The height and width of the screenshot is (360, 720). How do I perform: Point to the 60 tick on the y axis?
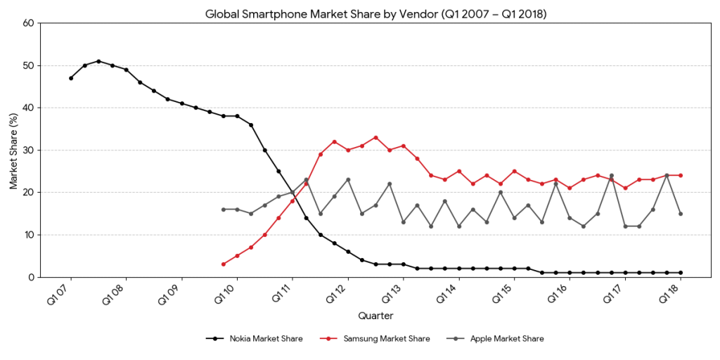(x=29, y=23)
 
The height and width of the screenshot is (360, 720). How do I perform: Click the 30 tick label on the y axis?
(x=29, y=150)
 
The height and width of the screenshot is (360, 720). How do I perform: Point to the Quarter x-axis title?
(x=375, y=316)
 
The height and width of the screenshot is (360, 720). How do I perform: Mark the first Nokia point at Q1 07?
(x=71, y=78)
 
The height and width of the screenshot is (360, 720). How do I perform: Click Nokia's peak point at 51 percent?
(x=98, y=61)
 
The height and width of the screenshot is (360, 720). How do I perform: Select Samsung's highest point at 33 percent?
(x=375, y=137)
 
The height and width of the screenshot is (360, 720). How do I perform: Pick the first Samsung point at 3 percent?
(x=224, y=264)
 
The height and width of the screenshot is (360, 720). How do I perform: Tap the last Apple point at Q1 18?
(x=681, y=214)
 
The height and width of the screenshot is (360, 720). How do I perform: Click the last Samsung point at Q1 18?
(x=681, y=175)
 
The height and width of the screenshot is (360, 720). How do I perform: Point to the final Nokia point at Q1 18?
(x=681, y=273)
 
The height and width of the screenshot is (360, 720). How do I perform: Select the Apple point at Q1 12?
(x=348, y=179)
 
